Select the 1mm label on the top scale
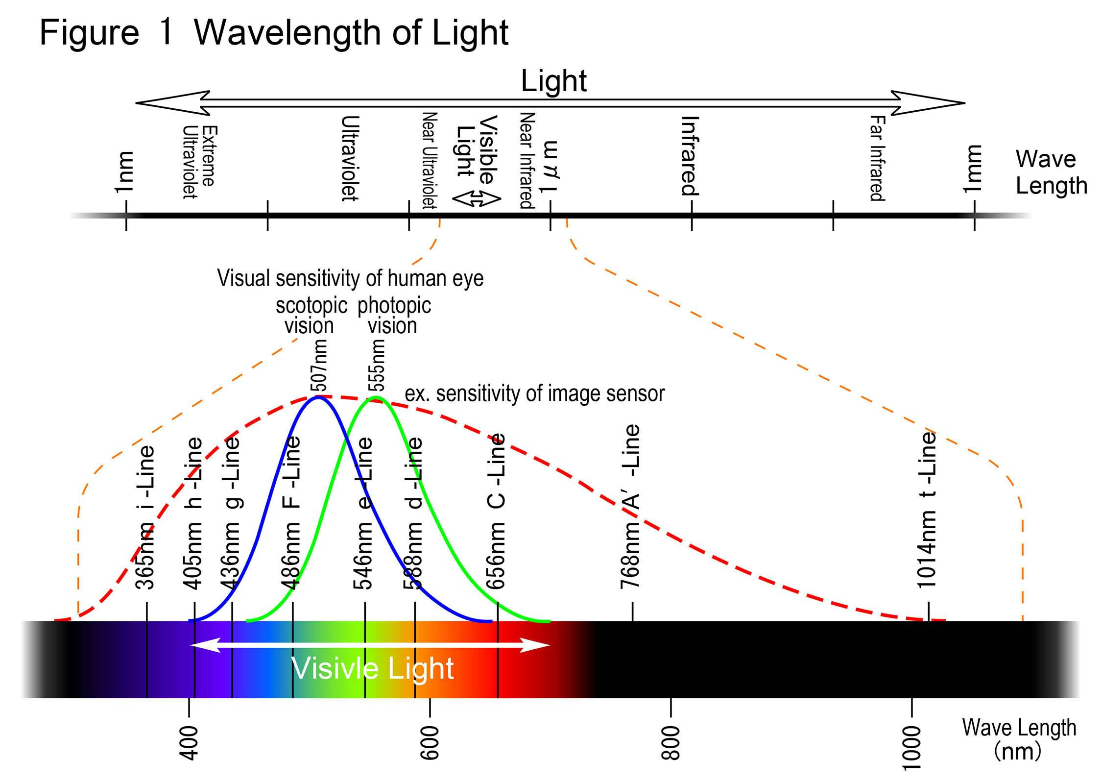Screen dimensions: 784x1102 973,169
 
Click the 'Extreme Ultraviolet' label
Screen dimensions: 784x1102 199,162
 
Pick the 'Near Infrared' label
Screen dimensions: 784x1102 527,160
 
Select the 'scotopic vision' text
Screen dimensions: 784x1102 311,316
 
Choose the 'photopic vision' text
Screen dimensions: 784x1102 394,316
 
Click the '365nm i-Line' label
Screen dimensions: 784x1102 145,517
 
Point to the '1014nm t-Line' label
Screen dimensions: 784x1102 926,510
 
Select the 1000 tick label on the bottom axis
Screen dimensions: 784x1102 912,748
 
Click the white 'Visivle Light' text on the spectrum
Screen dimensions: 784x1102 372,668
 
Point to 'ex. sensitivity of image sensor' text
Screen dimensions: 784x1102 535,393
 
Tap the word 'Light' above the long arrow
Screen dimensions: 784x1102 553,81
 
